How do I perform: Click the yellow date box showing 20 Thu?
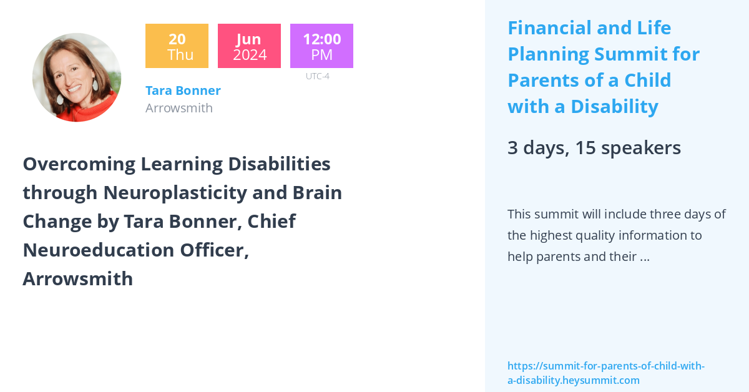click(x=177, y=46)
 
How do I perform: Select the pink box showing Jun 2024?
click(x=249, y=46)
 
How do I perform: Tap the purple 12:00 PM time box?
click(x=321, y=46)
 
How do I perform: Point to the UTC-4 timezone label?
click(x=317, y=77)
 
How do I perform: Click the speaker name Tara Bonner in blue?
click(x=183, y=91)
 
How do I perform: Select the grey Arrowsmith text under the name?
click(x=179, y=108)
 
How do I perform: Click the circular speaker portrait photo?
click(x=77, y=77)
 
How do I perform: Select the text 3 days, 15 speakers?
click(x=594, y=148)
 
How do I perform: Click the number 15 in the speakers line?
click(x=585, y=148)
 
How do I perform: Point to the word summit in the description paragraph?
click(x=556, y=214)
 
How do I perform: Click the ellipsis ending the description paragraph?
click(x=645, y=257)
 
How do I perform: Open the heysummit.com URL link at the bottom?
click(x=605, y=373)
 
